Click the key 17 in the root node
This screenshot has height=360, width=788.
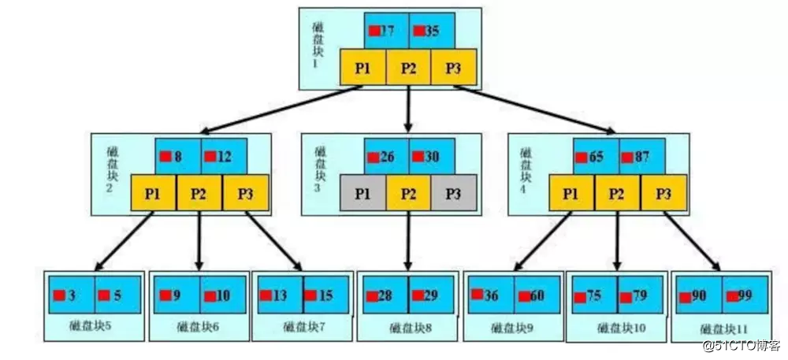click(386, 31)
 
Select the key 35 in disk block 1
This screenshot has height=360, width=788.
click(432, 31)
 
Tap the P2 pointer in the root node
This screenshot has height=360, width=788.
click(408, 67)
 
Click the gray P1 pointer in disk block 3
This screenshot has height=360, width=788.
click(363, 191)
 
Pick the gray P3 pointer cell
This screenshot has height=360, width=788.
click(454, 191)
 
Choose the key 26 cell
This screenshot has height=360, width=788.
click(385, 157)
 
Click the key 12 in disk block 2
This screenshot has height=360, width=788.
click(224, 156)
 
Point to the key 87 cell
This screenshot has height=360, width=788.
click(641, 157)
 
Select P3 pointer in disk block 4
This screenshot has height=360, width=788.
click(663, 191)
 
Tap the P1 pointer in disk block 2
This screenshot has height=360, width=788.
click(154, 191)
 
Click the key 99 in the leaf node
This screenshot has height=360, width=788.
click(745, 295)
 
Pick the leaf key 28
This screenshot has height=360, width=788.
click(385, 295)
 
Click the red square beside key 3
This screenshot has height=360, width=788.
click(59, 295)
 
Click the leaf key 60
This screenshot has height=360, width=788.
click(537, 295)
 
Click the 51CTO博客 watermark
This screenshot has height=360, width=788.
click(745, 344)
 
